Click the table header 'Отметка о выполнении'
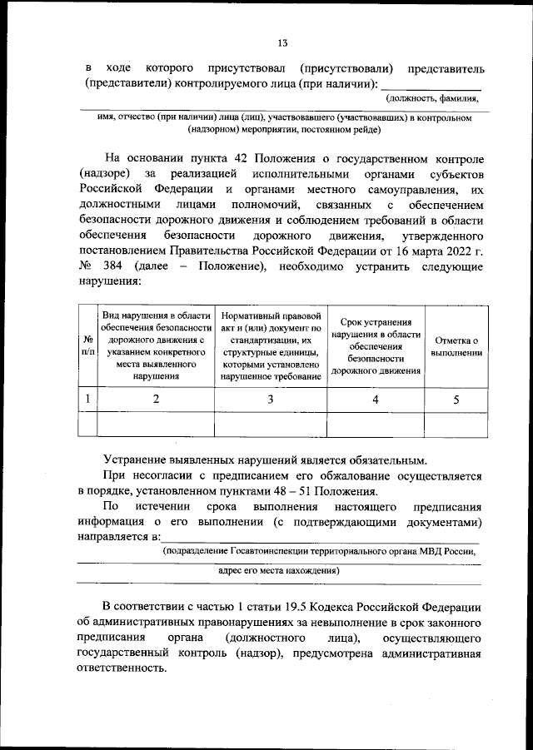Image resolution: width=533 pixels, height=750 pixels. pos(456,346)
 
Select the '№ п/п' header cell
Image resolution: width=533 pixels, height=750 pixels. pos(87,346)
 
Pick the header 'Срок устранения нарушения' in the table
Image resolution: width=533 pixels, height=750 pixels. pos(375,346)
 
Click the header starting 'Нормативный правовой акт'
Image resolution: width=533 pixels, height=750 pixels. pos(271,346)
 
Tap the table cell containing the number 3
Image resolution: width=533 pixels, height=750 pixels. pos(271,400)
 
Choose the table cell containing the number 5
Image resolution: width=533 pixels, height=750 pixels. pos(456,400)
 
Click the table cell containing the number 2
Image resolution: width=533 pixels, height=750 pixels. pos(156,400)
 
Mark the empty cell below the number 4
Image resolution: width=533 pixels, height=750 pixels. pos(375,424)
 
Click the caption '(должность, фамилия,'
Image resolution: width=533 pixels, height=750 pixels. pos(438,98)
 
